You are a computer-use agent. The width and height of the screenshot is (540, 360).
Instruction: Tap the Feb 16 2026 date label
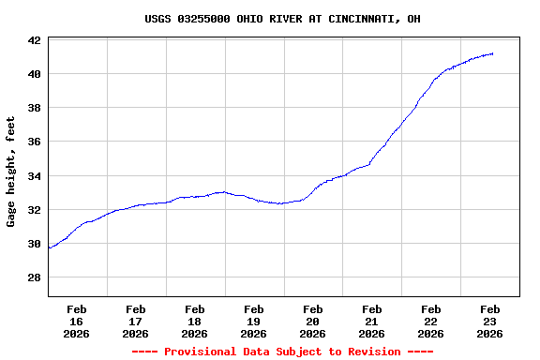[x=77, y=321]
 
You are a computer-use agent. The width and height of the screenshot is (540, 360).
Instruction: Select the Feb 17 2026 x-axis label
[x=136, y=321]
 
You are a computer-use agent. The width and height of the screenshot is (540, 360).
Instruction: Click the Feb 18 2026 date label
[x=195, y=321]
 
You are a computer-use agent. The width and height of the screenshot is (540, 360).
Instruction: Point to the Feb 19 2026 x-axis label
[x=254, y=321]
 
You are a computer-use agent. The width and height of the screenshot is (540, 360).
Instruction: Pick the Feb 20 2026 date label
[x=313, y=321]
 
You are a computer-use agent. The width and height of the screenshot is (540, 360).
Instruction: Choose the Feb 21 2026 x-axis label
[x=372, y=321]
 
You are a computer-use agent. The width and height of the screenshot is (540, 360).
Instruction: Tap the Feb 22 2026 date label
[x=431, y=321]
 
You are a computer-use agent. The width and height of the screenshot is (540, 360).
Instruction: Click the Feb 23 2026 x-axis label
[x=490, y=321]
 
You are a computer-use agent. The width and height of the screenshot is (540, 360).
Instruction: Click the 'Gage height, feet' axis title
[x=11, y=172]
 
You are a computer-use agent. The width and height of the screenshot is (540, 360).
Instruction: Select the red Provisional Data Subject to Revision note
[x=282, y=352]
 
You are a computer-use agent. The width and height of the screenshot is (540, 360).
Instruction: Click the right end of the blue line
[x=493, y=53]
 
